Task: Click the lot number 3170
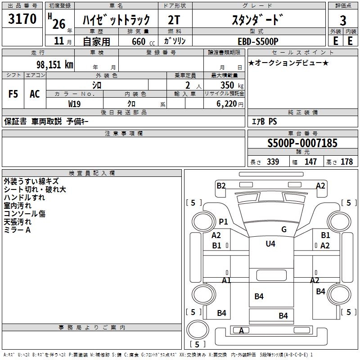pyautogui.click(x=22, y=19)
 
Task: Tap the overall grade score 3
pyautogui.click(x=343, y=20)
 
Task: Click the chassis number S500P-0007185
pyautogui.click(x=302, y=143)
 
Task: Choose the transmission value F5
pyautogui.click(x=13, y=94)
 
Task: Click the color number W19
pyautogui.click(x=75, y=103)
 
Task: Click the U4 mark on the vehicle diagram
pyautogui.click(x=270, y=244)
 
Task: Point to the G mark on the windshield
pyautogui.click(x=283, y=229)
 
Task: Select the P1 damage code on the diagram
pyautogui.click(x=223, y=221)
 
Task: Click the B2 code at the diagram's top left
pyautogui.click(x=221, y=185)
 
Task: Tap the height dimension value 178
pyautogui.click(x=346, y=162)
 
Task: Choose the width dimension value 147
pyautogui.click(x=310, y=162)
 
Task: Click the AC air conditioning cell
pyautogui.click(x=35, y=94)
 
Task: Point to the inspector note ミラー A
pyautogui.click(x=17, y=230)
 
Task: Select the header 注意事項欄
pyautogui.click(x=124, y=134)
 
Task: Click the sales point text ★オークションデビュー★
pyautogui.click(x=288, y=63)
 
